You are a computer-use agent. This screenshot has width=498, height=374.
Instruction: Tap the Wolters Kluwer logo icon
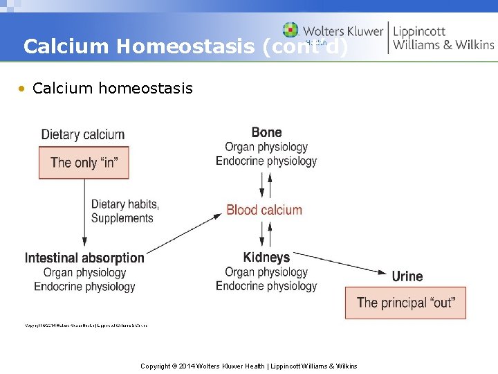(290, 30)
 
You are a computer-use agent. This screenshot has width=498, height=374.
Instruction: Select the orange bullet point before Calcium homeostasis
(23, 89)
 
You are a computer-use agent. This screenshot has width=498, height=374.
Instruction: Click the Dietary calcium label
(83, 134)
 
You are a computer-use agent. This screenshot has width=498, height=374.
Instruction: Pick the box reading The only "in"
(84, 163)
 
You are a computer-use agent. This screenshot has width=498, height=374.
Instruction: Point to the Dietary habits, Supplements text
(124, 211)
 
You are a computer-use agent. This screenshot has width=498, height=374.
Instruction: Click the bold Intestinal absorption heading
(84, 258)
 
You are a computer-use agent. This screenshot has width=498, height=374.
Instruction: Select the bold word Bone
(266, 132)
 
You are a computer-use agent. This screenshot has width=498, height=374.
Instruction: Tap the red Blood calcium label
(264, 210)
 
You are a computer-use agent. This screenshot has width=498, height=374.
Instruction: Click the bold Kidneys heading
(266, 257)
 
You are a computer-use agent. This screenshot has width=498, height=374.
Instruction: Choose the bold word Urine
(407, 276)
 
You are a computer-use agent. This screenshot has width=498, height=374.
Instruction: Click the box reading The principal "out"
(405, 303)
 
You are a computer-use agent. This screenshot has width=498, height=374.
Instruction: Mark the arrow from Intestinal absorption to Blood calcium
(183, 233)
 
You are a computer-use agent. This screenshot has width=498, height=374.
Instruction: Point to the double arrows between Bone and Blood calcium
(266, 185)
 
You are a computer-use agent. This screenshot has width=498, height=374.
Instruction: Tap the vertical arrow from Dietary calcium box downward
(84, 212)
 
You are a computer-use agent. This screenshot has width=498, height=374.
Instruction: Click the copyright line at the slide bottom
(249, 366)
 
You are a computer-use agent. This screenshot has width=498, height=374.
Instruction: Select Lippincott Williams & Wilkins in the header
(443, 37)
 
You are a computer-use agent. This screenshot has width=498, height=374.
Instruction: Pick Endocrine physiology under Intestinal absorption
(84, 286)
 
